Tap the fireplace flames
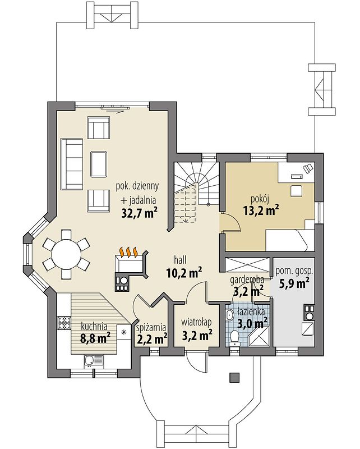[128, 251]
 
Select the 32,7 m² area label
[140, 213]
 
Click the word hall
[180, 260]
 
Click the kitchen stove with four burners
[64, 323]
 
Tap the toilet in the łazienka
[234, 337]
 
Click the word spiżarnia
[151, 327]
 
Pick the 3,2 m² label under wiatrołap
[197, 335]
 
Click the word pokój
[260, 199]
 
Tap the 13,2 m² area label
[261, 210]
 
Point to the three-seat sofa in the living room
[72, 164]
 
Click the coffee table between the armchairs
[99, 164]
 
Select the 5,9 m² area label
[294, 283]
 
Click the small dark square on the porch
[234, 377]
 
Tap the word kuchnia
[94, 326]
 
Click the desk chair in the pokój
[297, 191]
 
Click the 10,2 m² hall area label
[184, 272]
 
